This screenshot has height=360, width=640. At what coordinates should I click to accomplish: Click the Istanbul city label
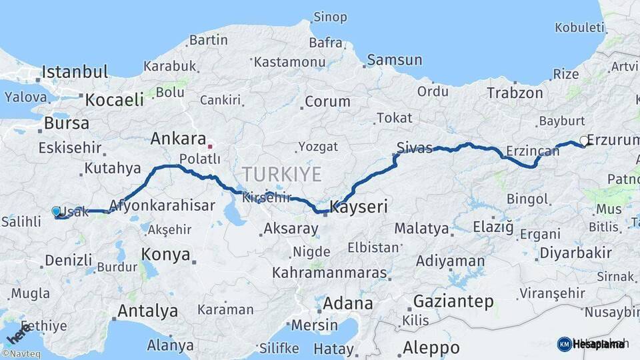75,72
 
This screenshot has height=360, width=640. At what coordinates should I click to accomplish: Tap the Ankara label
178,139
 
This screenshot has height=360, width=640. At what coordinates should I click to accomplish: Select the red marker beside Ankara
210,145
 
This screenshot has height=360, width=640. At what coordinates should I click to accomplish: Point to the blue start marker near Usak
56,211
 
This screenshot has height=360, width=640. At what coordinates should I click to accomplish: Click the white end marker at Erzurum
584,141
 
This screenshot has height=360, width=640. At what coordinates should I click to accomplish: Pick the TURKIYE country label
281,175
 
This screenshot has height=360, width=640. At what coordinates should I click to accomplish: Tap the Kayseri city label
359,207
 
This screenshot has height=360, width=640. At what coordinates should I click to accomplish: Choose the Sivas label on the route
414,147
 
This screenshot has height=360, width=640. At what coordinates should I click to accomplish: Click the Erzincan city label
532,151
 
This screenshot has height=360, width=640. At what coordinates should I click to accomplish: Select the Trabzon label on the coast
515,93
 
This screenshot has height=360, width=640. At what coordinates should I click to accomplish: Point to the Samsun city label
395,60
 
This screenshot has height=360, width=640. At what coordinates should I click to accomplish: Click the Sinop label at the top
330,16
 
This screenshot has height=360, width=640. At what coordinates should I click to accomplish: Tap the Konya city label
166,254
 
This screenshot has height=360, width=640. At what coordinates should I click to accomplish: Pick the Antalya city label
148,311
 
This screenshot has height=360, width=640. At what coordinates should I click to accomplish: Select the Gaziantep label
453,301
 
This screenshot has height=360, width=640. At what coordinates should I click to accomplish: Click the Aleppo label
431,347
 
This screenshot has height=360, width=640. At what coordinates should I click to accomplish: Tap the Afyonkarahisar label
162,205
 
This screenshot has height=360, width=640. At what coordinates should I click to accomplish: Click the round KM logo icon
564,344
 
